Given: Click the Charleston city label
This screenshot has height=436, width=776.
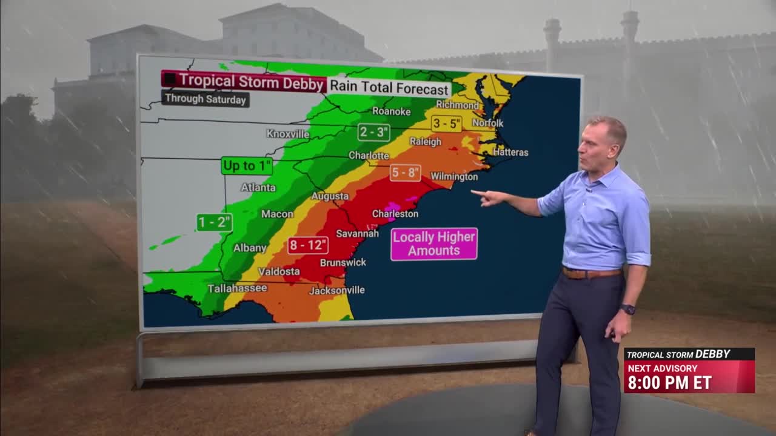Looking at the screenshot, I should [395, 214].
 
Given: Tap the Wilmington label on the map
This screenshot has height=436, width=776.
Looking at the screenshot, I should [454, 177].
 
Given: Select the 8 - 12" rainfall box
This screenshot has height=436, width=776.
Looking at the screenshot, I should [308, 245].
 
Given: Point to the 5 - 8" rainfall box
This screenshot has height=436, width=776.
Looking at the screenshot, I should [405, 173].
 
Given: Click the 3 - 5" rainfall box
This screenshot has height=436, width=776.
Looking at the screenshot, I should [447, 124].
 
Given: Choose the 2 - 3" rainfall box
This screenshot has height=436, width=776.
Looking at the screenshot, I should [373, 132].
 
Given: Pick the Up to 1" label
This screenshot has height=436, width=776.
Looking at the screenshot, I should [247, 165].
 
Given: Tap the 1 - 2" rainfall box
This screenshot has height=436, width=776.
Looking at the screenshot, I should [215, 222].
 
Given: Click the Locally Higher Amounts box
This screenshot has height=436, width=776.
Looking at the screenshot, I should [433, 244].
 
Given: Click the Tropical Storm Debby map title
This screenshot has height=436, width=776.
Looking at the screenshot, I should [244, 81].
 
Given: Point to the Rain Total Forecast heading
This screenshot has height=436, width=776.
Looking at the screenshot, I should [389, 87].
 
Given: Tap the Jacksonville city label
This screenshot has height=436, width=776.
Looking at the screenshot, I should [337, 291].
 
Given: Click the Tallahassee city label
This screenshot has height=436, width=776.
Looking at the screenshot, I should [237, 288].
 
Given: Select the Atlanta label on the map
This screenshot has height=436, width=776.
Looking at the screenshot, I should [258, 188].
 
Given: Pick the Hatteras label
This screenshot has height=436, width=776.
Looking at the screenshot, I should [510, 153].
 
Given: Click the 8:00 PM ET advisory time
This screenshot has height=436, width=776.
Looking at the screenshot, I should [669, 383].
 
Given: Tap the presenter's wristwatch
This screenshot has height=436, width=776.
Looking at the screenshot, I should [628, 309].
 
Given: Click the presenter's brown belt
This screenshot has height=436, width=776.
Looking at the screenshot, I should [591, 273].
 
